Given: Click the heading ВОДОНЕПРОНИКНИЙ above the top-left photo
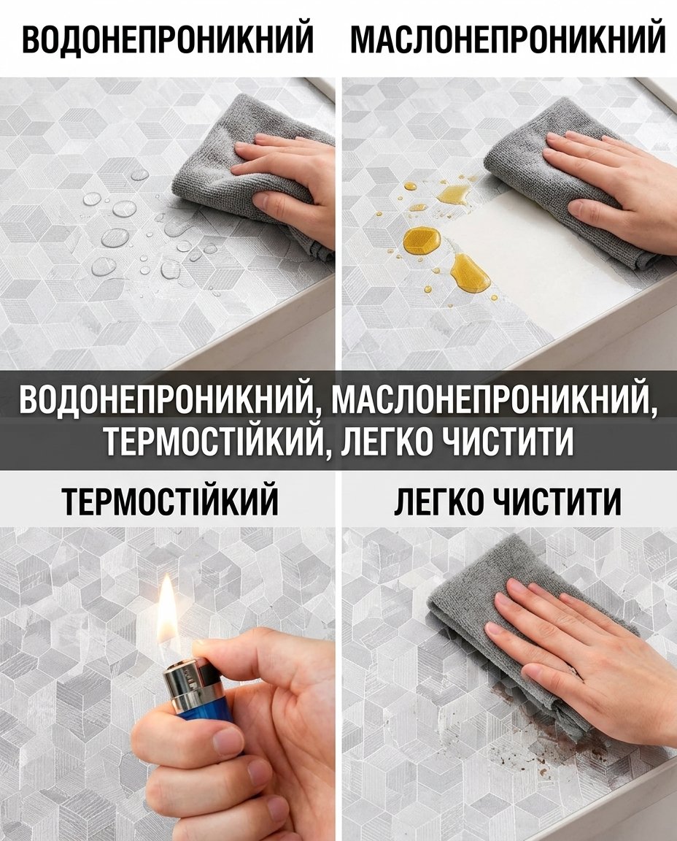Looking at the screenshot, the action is [168, 37].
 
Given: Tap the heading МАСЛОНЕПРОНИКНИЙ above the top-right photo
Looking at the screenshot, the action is [508, 37].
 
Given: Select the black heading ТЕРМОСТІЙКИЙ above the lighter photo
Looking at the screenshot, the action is [171, 500].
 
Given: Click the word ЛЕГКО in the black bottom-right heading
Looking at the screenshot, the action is [438, 500].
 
